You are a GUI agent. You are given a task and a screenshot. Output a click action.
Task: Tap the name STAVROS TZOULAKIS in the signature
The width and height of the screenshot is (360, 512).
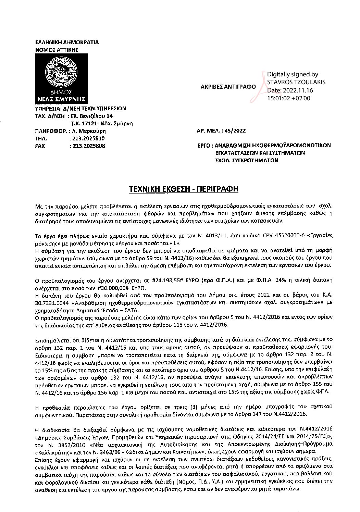(296, 82)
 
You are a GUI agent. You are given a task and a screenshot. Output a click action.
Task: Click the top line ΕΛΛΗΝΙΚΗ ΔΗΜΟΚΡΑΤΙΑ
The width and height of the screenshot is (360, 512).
(67, 42)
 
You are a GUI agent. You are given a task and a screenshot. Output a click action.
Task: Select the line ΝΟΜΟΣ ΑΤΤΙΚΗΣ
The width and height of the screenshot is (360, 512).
(57, 49)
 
